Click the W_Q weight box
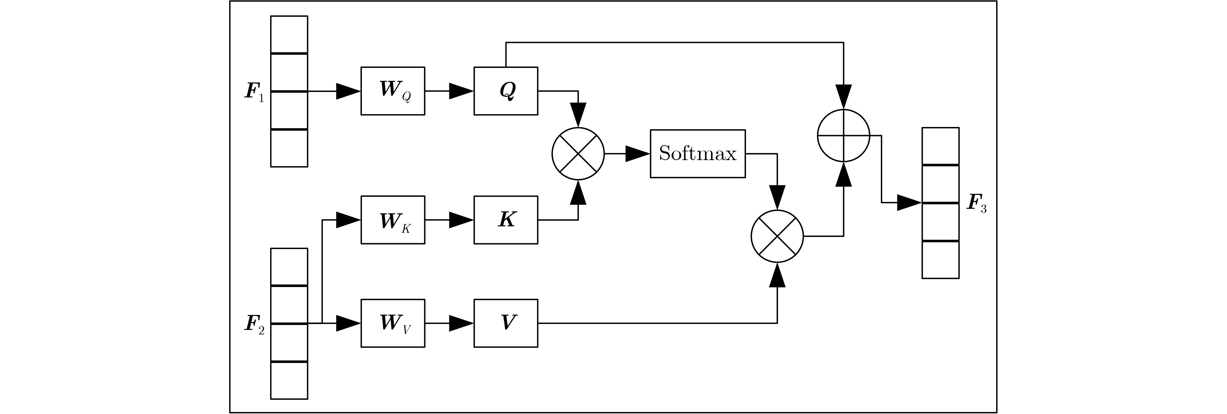[x=392, y=91]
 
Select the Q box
[x=505, y=91]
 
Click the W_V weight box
[x=392, y=323]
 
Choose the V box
[x=505, y=323]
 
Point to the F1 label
[x=254, y=92]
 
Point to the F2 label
[x=254, y=324]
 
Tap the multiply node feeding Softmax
[x=578, y=153]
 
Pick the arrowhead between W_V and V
[x=461, y=323]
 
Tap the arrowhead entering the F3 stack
[x=909, y=203]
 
